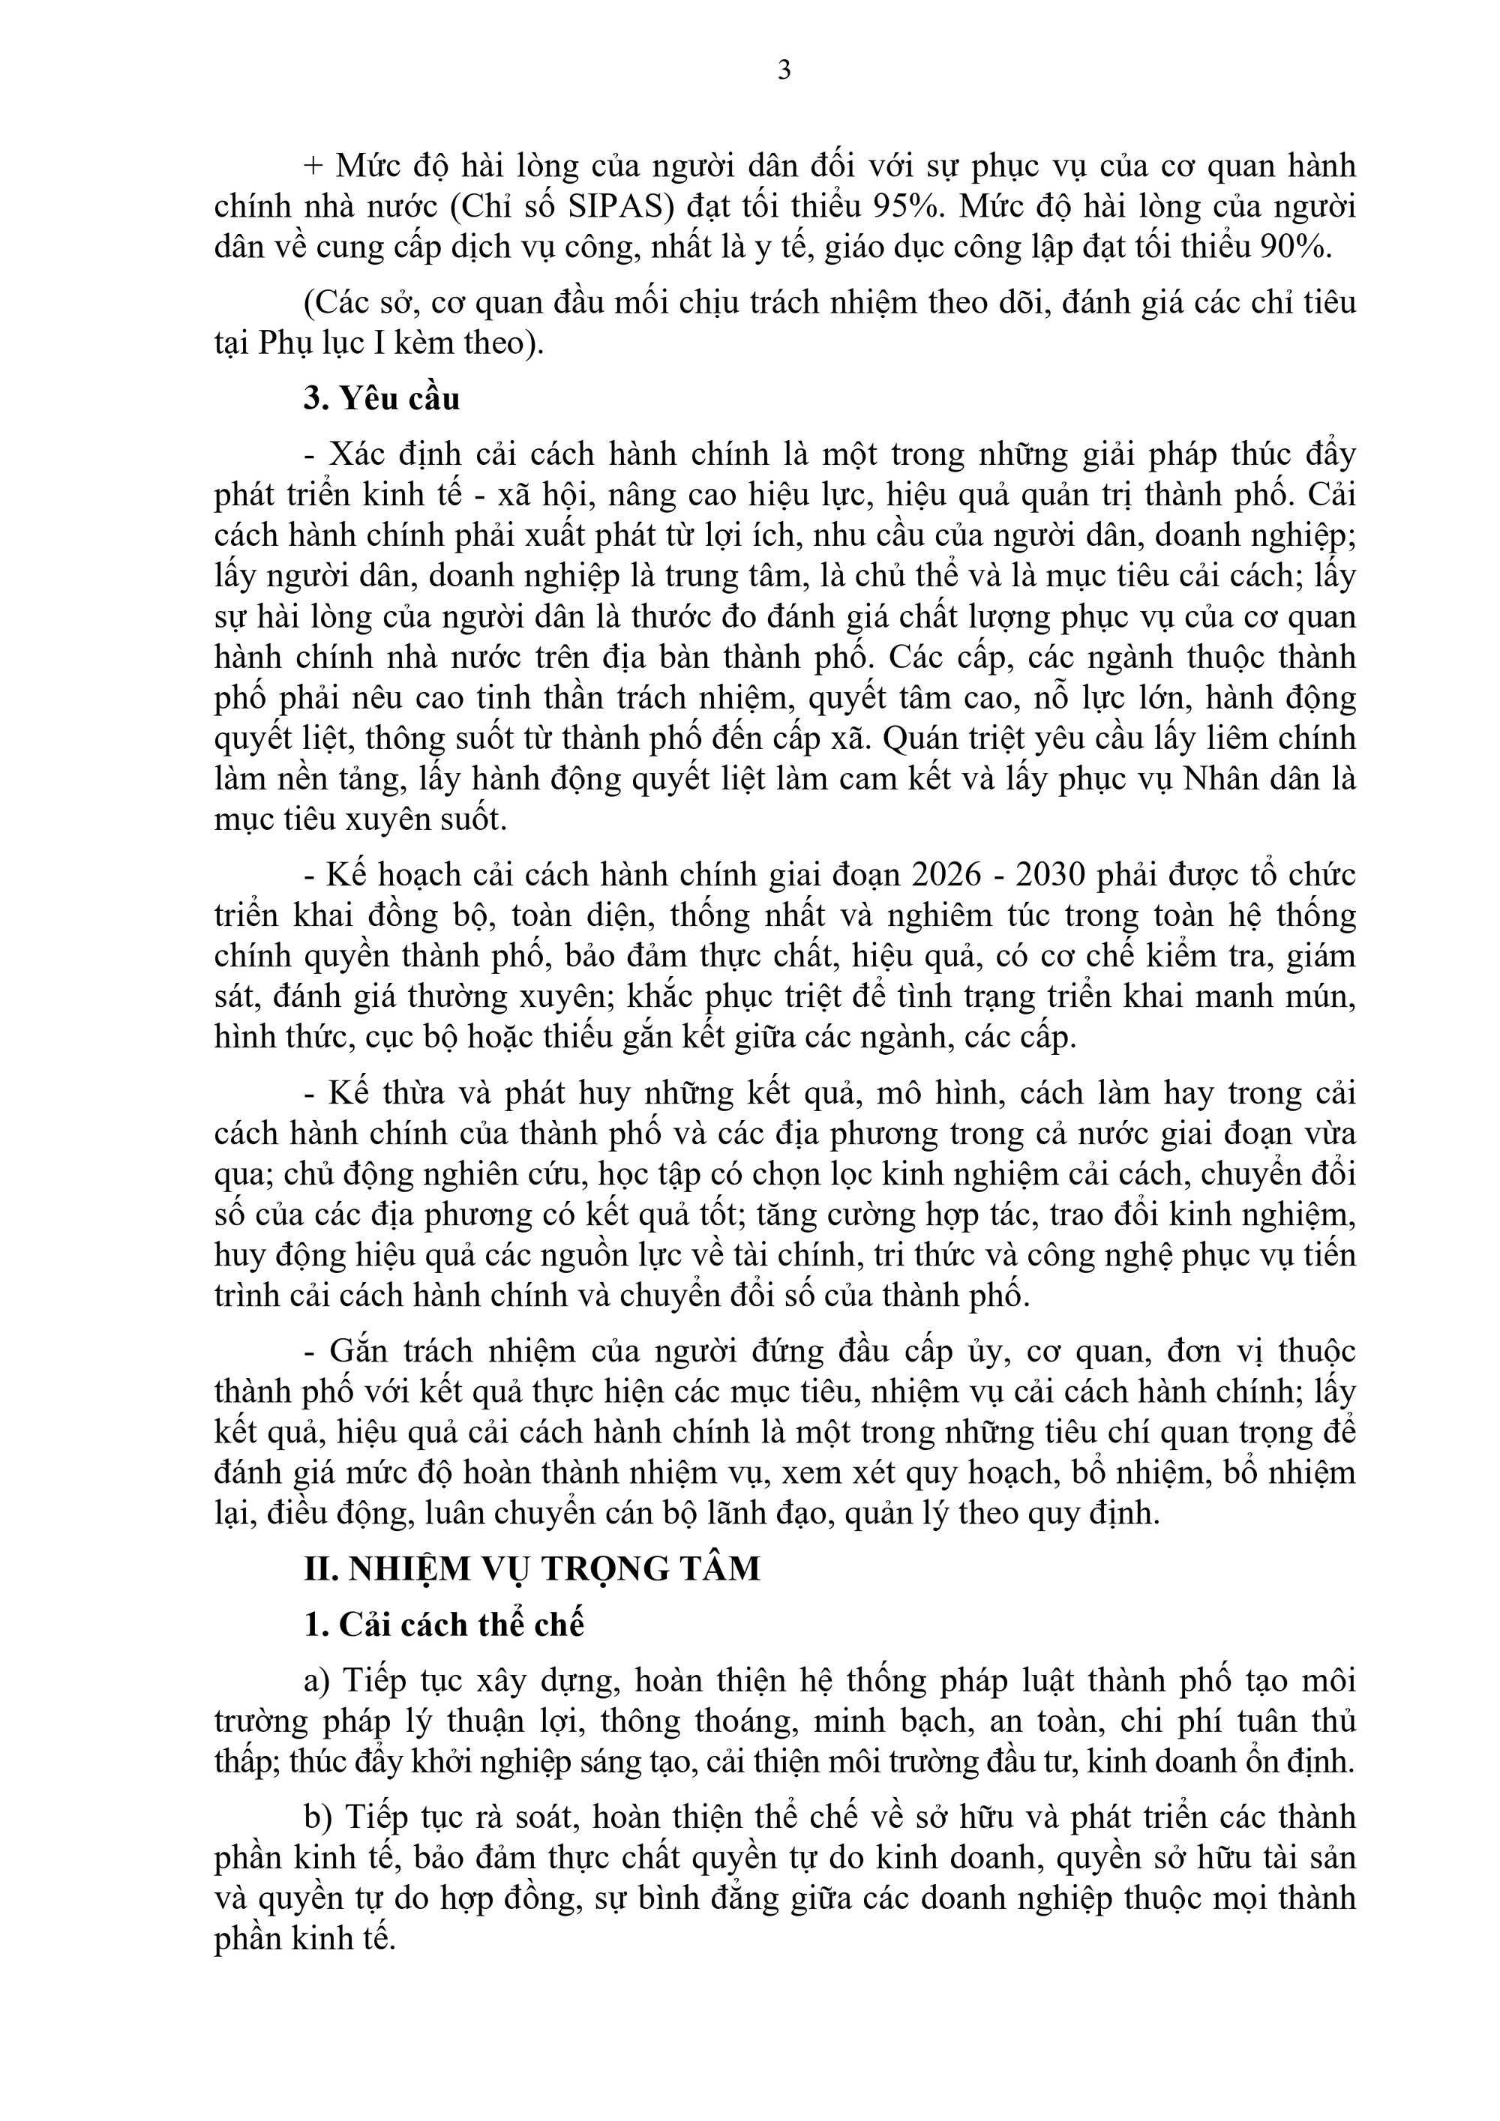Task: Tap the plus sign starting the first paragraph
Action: point(314,167)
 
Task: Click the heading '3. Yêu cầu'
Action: point(382,399)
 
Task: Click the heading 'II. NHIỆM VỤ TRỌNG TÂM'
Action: point(532,1568)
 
